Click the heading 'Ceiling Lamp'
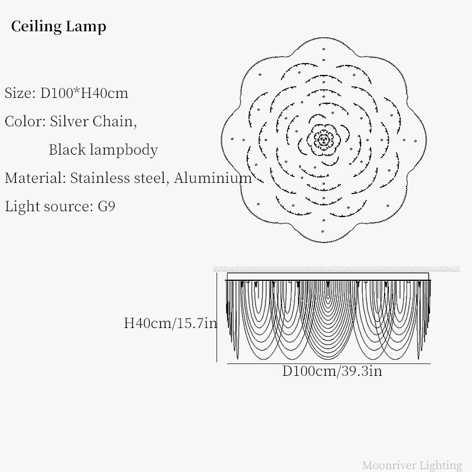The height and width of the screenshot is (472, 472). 58,27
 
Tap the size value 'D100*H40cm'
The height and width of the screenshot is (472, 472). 84,93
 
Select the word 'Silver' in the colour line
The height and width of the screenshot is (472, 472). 69,122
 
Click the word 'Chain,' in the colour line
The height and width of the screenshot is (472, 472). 114,122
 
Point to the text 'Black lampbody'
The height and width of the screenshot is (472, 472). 103,150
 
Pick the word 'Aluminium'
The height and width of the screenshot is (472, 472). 213,178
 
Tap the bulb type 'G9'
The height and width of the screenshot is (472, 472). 107,206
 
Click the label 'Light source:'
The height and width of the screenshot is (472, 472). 49,206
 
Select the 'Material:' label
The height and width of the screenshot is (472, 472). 35,178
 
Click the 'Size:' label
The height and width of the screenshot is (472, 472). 20,93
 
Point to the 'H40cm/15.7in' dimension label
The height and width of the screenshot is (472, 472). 171,323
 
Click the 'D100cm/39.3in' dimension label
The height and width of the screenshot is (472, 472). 332,371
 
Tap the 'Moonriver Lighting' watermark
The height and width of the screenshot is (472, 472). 412,465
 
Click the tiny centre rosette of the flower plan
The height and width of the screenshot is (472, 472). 323,139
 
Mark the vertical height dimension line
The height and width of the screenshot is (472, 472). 217,317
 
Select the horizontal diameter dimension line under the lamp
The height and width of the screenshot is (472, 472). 329,363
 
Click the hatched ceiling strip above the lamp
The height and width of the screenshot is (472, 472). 336,269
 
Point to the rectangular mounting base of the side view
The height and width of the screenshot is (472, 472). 328,277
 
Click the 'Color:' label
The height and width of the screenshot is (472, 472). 25,122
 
